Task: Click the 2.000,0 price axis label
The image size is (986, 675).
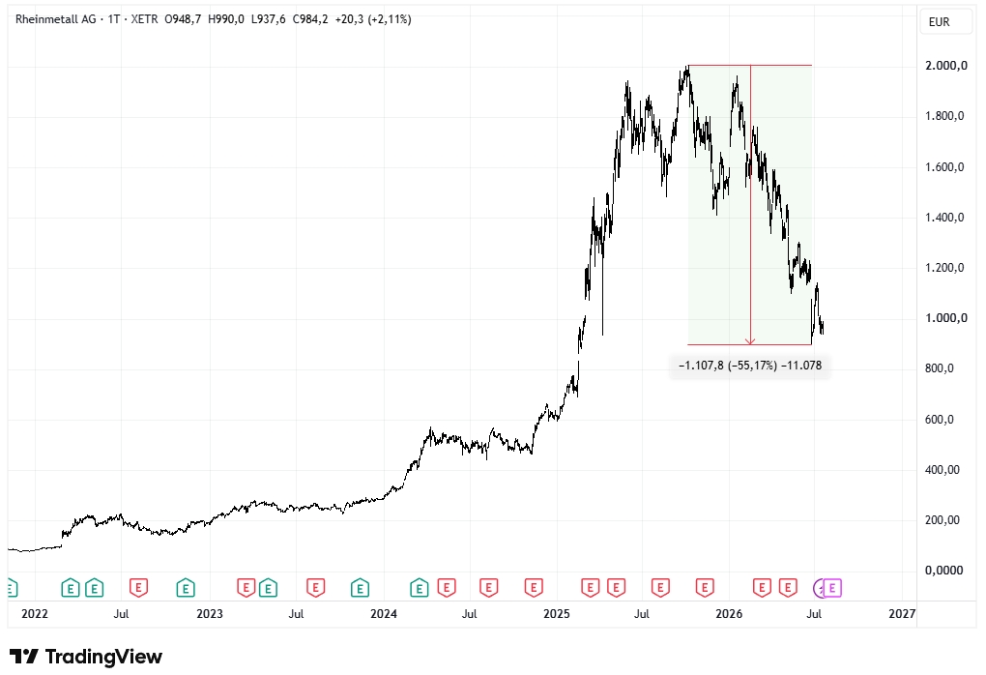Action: [x=945, y=66]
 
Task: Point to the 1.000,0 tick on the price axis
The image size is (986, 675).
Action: [x=945, y=318]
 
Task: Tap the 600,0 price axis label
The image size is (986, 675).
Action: [x=939, y=420]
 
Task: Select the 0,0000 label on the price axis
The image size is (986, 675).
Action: [x=943, y=571]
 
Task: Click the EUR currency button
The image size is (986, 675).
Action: [x=939, y=22]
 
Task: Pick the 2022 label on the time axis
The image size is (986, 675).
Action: [x=35, y=614]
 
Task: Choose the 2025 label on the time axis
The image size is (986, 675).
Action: [x=557, y=614]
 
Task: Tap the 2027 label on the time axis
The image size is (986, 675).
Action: [x=902, y=614]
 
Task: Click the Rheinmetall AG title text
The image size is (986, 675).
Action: [x=55, y=19]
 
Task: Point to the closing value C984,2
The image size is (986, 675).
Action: [x=310, y=19]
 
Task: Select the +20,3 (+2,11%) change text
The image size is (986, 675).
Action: [x=373, y=19]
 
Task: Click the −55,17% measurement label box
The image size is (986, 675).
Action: [x=749, y=366]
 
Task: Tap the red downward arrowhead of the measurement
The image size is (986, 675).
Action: [x=750, y=341]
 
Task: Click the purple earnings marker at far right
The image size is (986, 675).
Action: [x=832, y=588]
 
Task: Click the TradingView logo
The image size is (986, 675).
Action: [x=85, y=657]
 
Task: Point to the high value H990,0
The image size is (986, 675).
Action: [x=226, y=19]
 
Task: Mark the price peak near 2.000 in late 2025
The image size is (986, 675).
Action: [x=687, y=67]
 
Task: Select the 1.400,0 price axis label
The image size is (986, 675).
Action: [x=944, y=218]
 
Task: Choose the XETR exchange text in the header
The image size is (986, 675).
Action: [x=145, y=19]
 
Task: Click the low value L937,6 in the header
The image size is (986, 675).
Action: [x=268, y=19]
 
